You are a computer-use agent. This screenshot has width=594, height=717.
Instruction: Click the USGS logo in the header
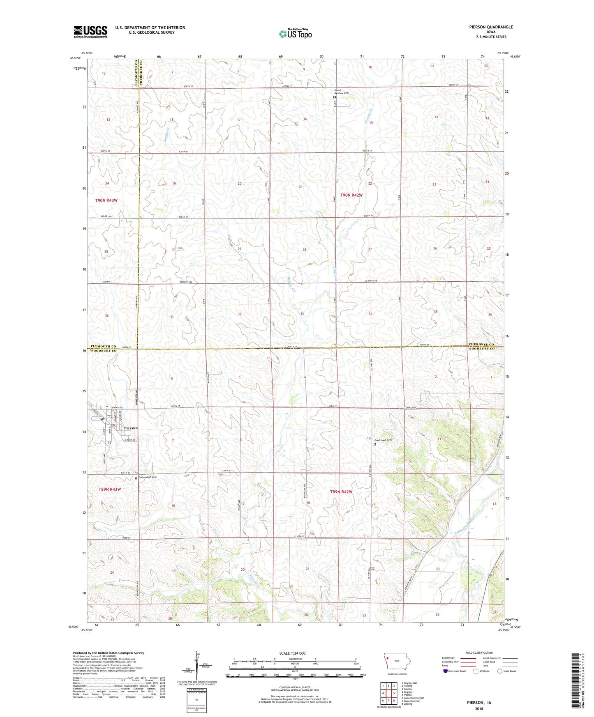[x=90, y=32]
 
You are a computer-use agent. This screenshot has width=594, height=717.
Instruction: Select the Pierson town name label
[x=131, y=428]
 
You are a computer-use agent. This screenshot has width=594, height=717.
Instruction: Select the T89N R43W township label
[x=110, y=489]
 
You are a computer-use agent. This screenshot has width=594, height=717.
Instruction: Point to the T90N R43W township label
[x=106, y=200]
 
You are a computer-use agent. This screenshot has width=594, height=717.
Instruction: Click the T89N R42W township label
[x=341, y=492]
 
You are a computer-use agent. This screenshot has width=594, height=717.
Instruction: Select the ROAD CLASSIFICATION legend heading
[x=478, y=653]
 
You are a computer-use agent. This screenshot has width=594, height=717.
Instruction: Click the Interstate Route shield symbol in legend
[x=446, y=671]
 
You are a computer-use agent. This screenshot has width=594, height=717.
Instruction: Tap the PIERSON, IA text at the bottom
[x=479, y=703]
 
